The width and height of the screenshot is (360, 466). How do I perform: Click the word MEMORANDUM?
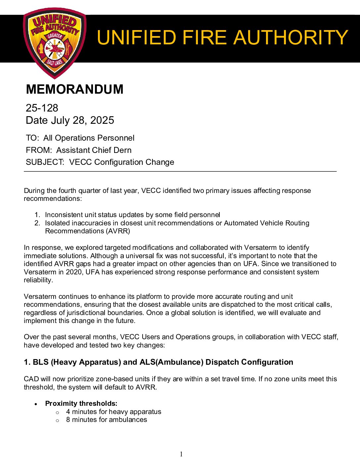pos(74,89)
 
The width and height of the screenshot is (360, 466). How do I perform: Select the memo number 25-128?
pos(42,108)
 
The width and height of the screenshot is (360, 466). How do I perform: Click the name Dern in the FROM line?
pos(122,150)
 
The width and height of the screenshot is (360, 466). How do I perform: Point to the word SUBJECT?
pos(45,162)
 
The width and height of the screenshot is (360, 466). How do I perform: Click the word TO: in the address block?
pos(32,138)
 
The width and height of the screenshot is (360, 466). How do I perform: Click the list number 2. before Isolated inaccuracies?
pos(37,223)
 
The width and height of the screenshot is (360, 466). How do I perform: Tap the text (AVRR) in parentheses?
pos(118,231)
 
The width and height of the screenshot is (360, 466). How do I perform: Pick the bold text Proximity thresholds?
pos(81,403)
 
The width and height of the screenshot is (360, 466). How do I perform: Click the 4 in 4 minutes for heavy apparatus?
pos(68,412)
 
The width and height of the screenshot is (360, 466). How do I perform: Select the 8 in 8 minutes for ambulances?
pos(68,420)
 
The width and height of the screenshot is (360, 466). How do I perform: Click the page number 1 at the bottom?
pos(181,454)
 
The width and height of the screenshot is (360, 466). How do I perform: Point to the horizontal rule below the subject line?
pos(180,171)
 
